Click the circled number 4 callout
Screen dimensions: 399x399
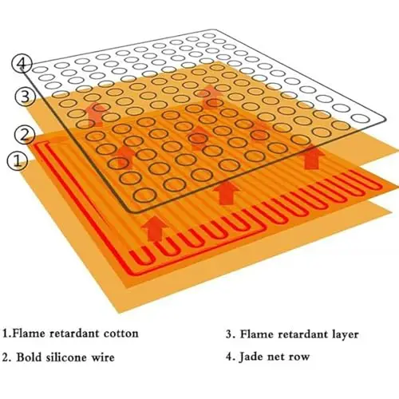click(x=22, y=65)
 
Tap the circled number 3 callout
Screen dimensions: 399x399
click(x=25, y=97)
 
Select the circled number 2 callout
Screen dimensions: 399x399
click(x=24, y=134)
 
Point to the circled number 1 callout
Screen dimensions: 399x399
click(x=17, y=161)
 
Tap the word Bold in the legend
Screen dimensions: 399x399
click(x=29, y=358)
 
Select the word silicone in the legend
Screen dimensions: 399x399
click(x=69, y=358)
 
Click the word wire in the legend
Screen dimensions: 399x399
click(x=105, y=358)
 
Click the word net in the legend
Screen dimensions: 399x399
click(x=277, y=358)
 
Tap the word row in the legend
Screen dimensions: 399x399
click(x=300, y=358)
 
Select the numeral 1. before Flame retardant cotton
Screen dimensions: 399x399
click(x=7, y=334)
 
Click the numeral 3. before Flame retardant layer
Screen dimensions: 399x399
click(x=231, y=334)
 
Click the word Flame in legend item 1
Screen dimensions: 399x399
click(x=27, y=334)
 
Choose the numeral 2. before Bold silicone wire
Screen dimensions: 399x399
click(x=7, y=358)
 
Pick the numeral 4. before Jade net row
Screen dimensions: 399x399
click(x=231, y=357)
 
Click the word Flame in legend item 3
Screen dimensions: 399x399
click(x=254, y=334)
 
